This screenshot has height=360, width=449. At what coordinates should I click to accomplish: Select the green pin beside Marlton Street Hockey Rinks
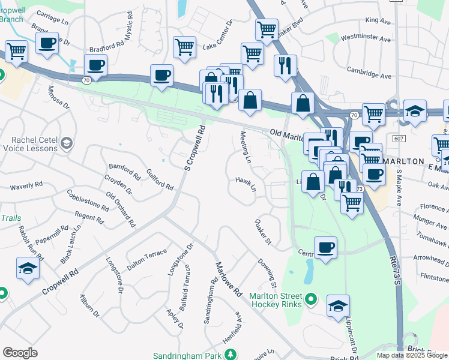[310, 298]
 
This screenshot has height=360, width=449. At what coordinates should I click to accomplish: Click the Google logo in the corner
[20, 353]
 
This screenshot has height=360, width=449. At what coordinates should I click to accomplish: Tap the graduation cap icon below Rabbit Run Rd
[28, 268]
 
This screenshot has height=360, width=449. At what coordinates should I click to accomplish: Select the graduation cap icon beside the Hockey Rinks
[339, 305]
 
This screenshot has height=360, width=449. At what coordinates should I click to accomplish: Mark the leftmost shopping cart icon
[16, 50]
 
